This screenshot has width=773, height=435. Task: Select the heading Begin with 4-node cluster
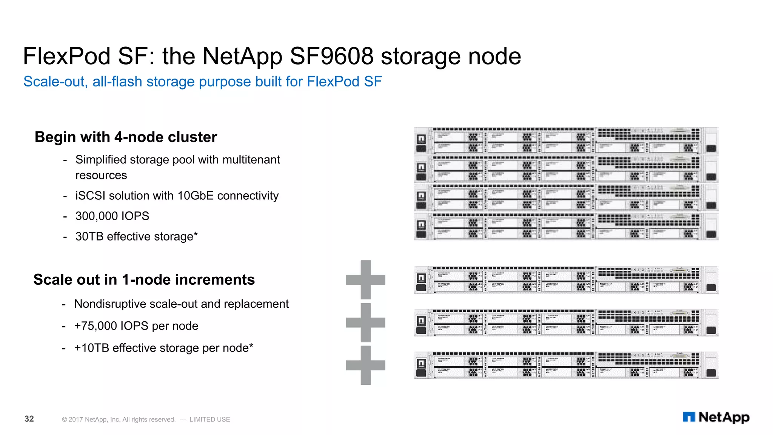coord(126,137)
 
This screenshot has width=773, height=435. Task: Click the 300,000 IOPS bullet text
coord(112,216)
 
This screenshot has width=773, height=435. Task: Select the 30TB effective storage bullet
coord(136,236)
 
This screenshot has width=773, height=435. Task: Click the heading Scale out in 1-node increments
coord(144,280)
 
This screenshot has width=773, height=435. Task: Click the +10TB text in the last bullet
coord(92,348)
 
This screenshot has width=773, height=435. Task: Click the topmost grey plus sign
coord(365,280)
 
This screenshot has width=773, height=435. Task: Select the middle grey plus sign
coord(365,322)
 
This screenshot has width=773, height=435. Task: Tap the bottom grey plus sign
coord(365,365)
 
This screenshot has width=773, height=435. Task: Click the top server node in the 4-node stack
coord(565,141)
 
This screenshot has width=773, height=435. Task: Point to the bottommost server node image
coord(565,365)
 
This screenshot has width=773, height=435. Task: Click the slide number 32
coord(29,419)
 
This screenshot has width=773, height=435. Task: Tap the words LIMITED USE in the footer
coord(210,420)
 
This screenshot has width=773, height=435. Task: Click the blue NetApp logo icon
coord(689,417)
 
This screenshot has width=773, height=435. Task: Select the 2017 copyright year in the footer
coord(75,420)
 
